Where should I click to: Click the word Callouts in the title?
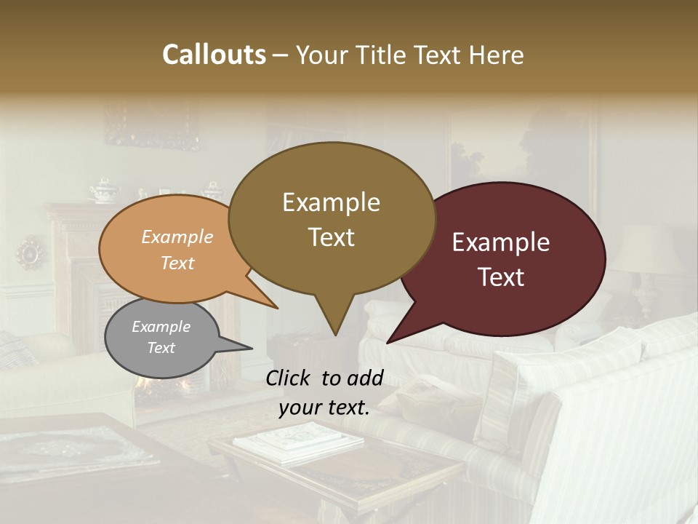pyautogui.click(x=214, y=55)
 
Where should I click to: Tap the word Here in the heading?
pyautogui.click(x=497, y=55)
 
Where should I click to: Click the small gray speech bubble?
pyautogui.click(x=161, y=338)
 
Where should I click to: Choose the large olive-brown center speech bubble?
pyautogui.click(x=331, y=218)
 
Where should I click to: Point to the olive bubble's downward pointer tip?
pyautogui.click(x=334, y=334)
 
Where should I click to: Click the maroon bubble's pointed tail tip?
pyautogui.click(x=388, y=342)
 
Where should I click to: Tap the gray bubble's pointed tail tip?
pyautogui.click(x=252, y=348)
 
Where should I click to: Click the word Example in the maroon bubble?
pyautogui.click(x=501, y=242)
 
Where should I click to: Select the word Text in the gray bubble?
pyautogui.click(x=161, y=348)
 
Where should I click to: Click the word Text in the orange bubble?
pyautogui.click(x=177, y=263)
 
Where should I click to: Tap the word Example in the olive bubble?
pyautogui.click(x=331, y=202)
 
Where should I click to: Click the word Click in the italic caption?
pyautogui.click(x=289, y=378)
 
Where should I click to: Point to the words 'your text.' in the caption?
pyautogui.click(x=324, y=408)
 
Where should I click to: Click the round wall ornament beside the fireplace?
pyautogui.click(x=31, y=253)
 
